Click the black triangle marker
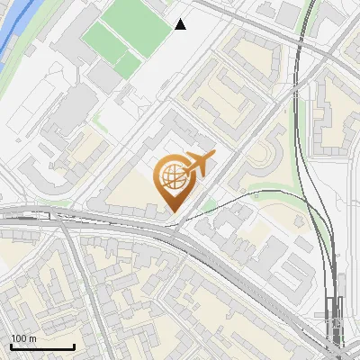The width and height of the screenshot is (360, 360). tap(181, 24)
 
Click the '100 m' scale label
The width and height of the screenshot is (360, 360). tap(23, 338)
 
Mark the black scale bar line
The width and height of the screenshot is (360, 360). tap(41, 346)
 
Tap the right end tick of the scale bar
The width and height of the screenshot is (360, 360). tap(74, 345)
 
